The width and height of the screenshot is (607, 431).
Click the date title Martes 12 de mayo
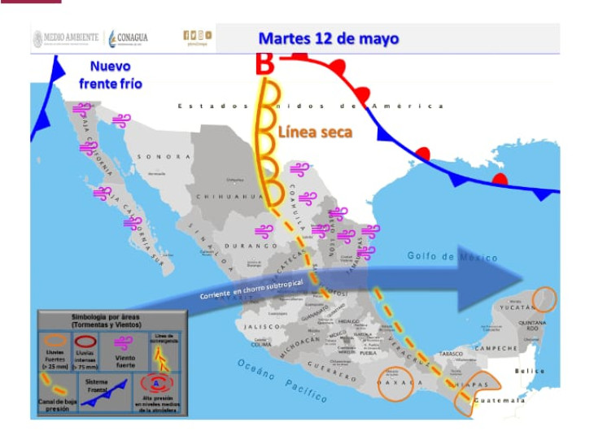coord(329,38)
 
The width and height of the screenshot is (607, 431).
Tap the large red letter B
coord(264,64)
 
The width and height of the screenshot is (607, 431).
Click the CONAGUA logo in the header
coord(128,37)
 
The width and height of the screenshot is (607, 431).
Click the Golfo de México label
coord(452,258)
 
